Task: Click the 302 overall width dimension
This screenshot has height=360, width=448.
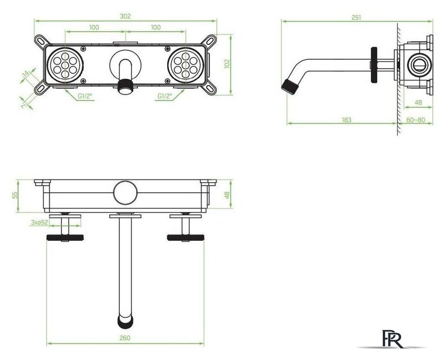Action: tap(125, 16)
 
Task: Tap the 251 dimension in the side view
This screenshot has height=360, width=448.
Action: tap(356, 17)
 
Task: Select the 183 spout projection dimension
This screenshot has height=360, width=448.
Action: tap(346, 120)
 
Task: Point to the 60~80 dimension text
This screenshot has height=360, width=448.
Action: tap(416, 120)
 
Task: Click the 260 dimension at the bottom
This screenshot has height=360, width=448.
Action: tap(124, 338)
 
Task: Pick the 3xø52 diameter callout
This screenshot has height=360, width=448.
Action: tap(39, 222)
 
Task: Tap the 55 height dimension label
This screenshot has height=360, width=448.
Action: tap(15, 195)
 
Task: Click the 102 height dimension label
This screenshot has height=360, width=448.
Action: tap(227, 64)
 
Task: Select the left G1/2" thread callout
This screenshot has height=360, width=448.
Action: tap(86, 96)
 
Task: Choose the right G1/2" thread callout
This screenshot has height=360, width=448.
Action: tap(165, 96)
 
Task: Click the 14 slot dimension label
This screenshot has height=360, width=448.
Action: tap(26, 74)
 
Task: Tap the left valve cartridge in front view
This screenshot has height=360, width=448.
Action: tap(65, 65)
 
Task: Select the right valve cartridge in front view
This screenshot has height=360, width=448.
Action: tap(186, 65)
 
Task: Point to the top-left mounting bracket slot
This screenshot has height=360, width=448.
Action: tap(41, 40)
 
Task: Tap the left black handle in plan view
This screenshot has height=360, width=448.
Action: tap(65, 237)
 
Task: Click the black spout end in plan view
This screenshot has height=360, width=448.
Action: tap(126, 321)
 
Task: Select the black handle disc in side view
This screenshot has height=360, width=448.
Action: tap(374, 65)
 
